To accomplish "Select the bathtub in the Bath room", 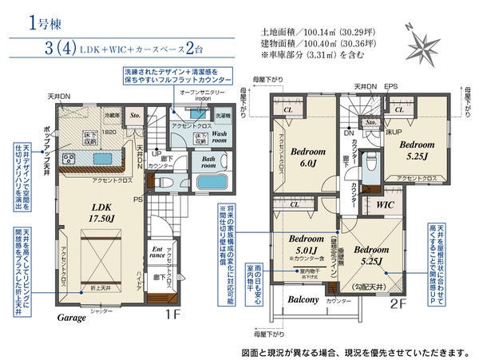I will point(211,181).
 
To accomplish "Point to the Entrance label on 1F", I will point(157,253).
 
